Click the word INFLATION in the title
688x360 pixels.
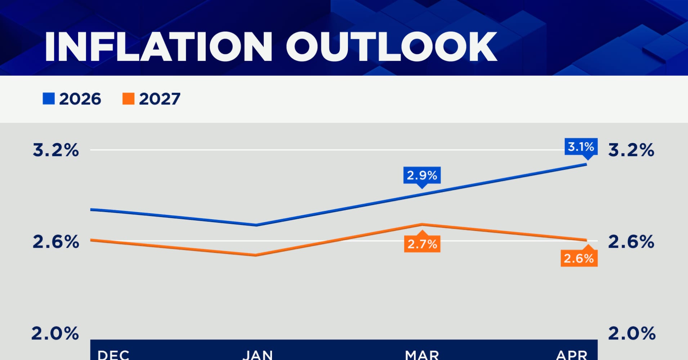[158, 47]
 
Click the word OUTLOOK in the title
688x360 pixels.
[392, 47]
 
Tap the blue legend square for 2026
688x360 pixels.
[49, 99]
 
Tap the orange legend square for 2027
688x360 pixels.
[128, 99]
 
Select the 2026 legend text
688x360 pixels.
[80, 99]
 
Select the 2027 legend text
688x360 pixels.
[160, 99]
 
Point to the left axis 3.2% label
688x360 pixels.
[55, 150]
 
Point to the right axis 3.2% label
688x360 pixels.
[631, 150]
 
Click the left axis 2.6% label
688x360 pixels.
[55, 242]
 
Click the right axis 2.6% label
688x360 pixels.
[631, 242]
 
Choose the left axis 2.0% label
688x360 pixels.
[55, 333]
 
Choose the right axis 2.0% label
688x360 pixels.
[632, 333]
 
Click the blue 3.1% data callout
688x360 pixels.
[581, 147]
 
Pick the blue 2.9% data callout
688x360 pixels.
[422, 175]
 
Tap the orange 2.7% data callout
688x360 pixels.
[422, 244]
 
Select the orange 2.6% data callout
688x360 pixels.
[578, 258]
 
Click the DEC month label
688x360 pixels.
[113, 355]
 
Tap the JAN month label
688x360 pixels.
[258, 355]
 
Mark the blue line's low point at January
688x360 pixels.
[256, 225]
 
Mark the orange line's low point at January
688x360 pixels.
[255, 255]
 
